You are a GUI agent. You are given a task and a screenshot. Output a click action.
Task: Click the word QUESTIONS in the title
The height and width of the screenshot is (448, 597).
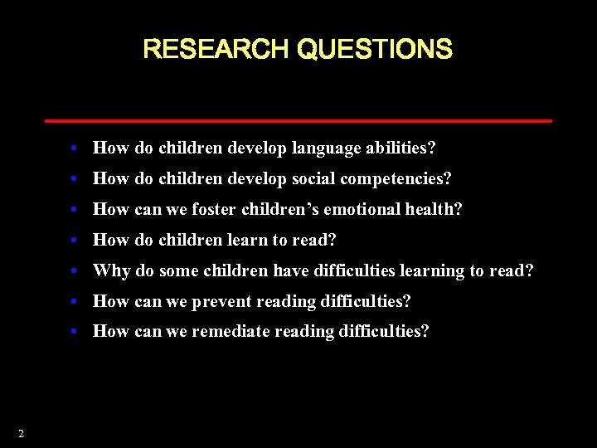374,50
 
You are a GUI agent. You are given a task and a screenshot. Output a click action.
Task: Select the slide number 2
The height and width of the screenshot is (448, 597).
21,433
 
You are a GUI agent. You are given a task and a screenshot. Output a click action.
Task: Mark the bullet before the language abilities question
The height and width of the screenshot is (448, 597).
75,149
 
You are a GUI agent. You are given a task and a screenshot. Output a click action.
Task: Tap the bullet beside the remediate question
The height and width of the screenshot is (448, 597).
75,332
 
